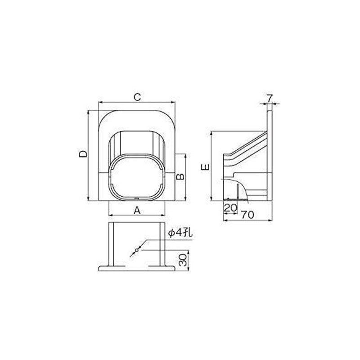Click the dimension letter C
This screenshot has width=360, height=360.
(x=137, y=97)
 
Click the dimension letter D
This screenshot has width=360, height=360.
(x=83, y=153)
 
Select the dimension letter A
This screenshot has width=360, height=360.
(x=137, y=210)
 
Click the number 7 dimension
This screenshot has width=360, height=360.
(x=269, y=99)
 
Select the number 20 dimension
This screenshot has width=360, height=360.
(x=230, y=208)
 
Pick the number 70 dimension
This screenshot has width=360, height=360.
(x=247, y=215)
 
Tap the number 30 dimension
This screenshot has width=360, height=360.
(x=183, y=260)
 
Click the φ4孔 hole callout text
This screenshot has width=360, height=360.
(x=180, y=233)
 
